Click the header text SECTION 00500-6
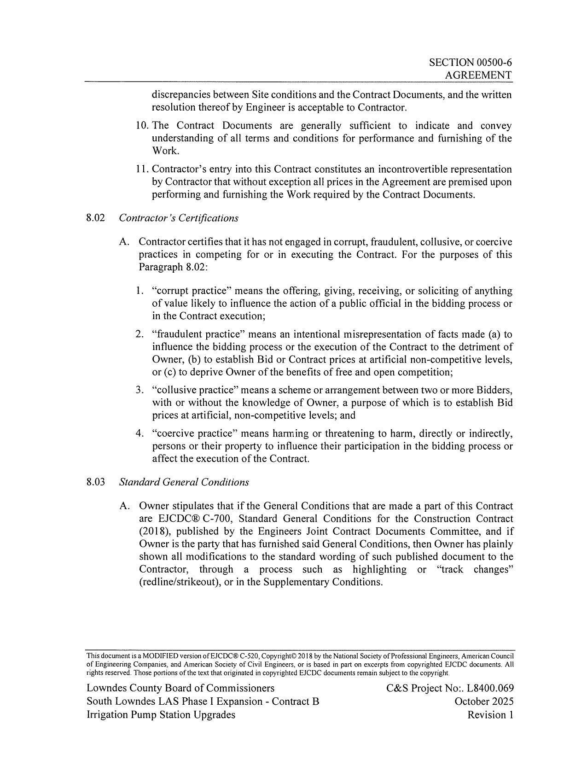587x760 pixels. (x=470, y=63)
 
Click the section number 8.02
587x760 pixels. (x=96, y=218)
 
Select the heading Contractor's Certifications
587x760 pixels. (x=179, y=218)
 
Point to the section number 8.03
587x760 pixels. (x=96, y=482)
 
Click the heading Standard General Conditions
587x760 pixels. (x=184, y=482)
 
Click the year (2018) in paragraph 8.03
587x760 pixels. (x=154, y=532)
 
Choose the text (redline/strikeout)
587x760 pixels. (x=178, y=582)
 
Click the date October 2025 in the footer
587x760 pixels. (x=484, y=702)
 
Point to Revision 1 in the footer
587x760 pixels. (x=490, y=715)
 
